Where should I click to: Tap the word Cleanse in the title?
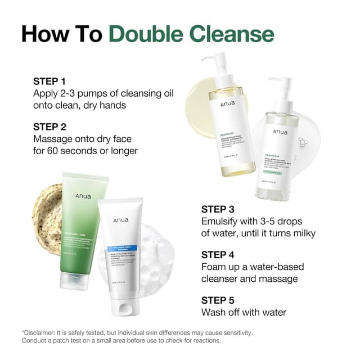[x=232, y=33]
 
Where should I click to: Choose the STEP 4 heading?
[x=221, y=254]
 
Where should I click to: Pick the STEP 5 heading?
[x=221, y=300]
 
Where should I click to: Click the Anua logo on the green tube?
[x=83, y=196]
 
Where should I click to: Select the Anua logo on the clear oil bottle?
[x=280, y=132]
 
